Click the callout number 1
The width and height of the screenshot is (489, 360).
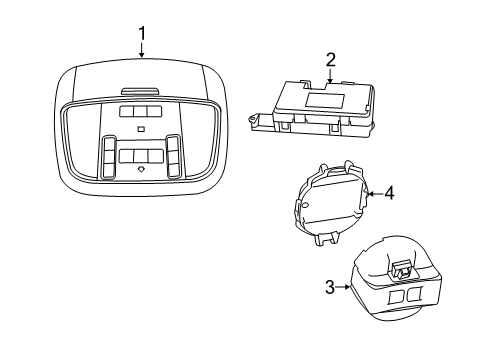tap(141, 35)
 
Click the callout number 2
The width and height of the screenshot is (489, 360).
tap(329, 60)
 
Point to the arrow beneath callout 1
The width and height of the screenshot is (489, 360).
tap(141, 55)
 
